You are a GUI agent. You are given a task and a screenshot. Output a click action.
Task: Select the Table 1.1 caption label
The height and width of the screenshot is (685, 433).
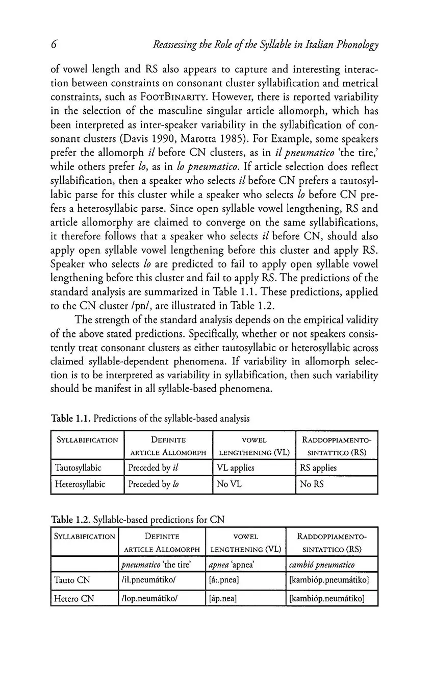pos(70,419)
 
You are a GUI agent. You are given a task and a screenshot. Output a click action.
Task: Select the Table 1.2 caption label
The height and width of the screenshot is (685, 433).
pos(70,520)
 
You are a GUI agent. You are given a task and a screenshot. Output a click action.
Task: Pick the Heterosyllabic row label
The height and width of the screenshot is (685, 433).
pos(80,484)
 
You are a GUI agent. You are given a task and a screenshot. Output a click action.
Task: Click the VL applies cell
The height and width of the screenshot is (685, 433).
pos(235,468)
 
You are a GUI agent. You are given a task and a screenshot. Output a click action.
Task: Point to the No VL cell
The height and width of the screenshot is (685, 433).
pos(227,484)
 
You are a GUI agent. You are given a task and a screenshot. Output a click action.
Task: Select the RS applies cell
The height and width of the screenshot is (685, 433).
pos(318,468)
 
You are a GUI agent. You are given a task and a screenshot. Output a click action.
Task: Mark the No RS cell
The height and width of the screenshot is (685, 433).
pos(312,484)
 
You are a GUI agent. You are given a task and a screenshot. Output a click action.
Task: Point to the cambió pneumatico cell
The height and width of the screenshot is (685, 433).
pos(321,564)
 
